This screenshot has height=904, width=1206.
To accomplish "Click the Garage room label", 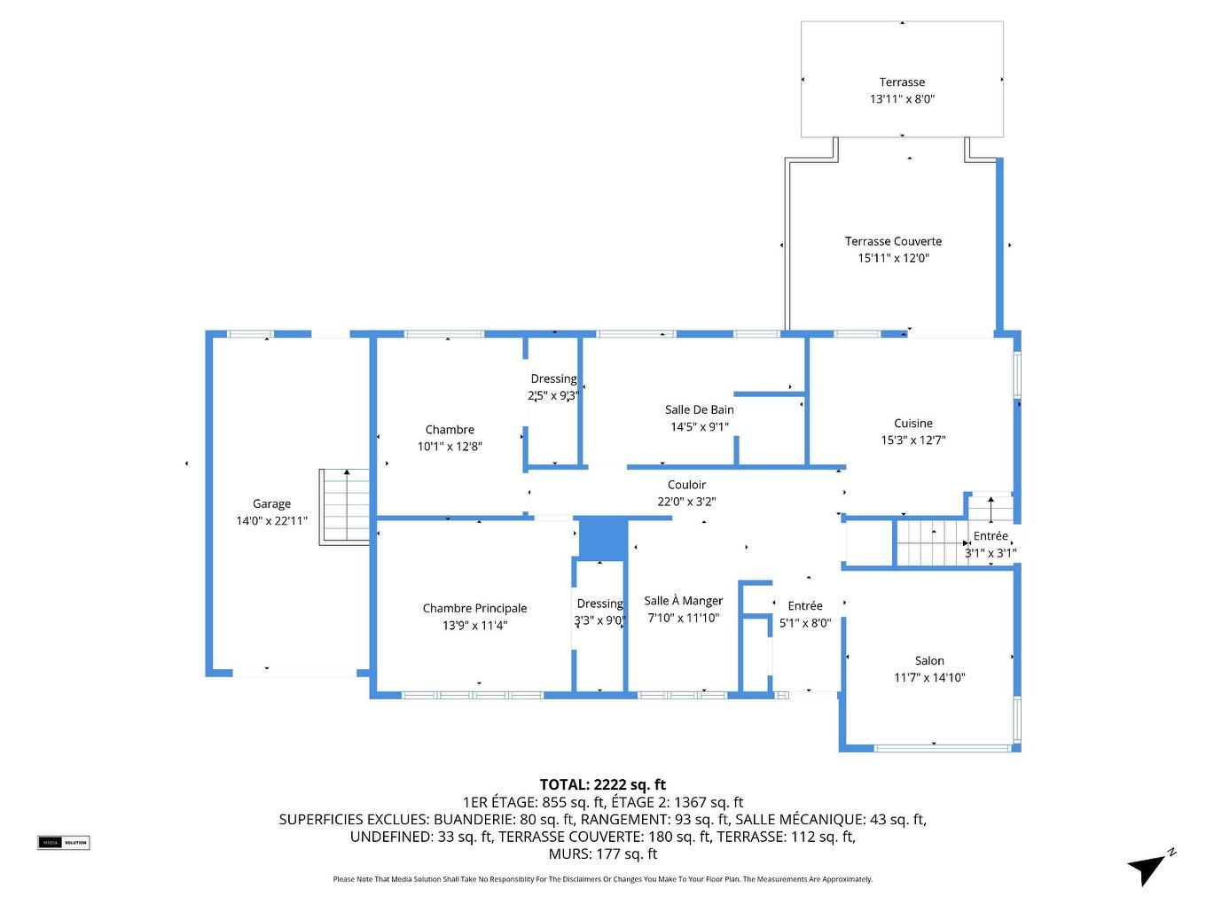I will (x=271, y=503).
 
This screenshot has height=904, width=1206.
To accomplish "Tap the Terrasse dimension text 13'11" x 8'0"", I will (x=902, y=99).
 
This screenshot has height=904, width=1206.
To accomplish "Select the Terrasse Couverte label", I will (x=893, y=241).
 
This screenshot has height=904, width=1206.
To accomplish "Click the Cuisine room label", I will (x=912, y=424).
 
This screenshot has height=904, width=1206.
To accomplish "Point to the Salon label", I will (x=929, y=661).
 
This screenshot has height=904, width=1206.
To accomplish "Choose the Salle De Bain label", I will (x=699, y=409).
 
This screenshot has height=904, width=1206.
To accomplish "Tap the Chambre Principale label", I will (x=474, y=608).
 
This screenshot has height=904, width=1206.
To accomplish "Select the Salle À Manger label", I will (x=683, y=601).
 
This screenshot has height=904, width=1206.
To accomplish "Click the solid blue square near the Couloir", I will (x=603, y=539).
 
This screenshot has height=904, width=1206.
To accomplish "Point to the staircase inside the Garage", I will (x=344, y=506).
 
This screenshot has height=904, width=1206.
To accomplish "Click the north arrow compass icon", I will (x=1150, y=866).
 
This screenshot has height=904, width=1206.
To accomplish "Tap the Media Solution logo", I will (x=64, y=842).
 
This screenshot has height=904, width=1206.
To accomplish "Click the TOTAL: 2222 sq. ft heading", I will (x=602, y=784).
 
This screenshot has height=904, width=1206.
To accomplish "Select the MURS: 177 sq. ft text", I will (x=602, y=853).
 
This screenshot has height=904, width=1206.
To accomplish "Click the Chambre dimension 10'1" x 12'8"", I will (x=450, y=447).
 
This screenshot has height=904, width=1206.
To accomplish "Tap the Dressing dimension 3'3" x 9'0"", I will (x=599, y=620).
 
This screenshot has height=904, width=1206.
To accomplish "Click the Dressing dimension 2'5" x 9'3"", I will (x=553, y=395).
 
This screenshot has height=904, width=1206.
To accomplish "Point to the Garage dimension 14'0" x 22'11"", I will (x=271, y=521).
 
